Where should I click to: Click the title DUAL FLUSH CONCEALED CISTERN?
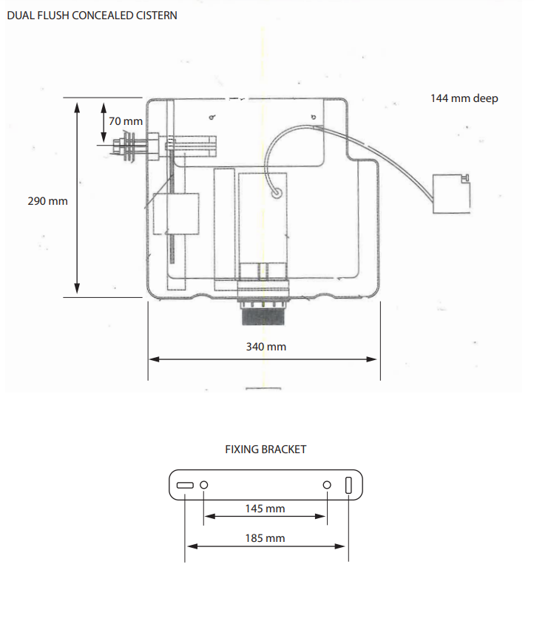click(x=92, y=16)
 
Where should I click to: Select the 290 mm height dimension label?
click(x=47, y=200)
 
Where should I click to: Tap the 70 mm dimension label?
click(x=126, y=121)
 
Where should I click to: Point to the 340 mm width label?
click(x=266, y=346)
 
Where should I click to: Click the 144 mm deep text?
click(x=464, y=98)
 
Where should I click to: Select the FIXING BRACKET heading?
click(x=266, y=449)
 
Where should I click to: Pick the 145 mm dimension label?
click(x=265, y=509)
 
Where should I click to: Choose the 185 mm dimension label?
click(x=265, y=538)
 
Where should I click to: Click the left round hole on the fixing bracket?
click(x=204, y=485)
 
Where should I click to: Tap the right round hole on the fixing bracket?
click(x=327, y=485)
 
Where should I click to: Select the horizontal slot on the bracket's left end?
click(x=185, y=485)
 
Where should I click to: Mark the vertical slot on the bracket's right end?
click(x=348, y=486)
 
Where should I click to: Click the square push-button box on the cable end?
click(x=451, y=193)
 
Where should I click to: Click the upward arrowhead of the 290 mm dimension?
click(x=77, y=104)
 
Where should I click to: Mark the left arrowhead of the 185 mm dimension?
click(x=190, y=546)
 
